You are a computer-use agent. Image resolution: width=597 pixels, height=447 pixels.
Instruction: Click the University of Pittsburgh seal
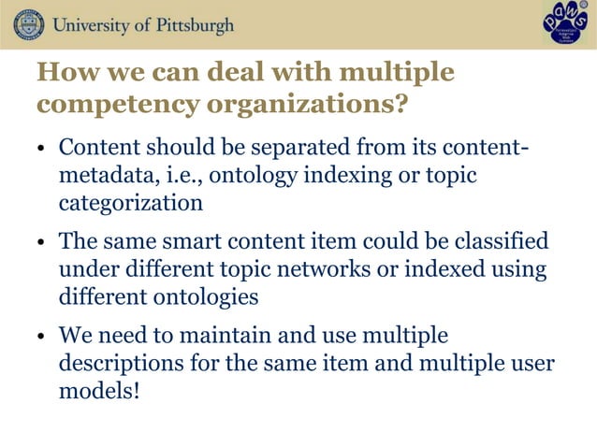click(28, 23)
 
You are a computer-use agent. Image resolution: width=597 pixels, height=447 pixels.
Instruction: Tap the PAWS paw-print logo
click(565, 24)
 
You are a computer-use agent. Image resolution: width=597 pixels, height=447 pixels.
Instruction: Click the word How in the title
click(62, 72)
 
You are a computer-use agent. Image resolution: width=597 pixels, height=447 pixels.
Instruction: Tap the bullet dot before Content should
click(42, 151)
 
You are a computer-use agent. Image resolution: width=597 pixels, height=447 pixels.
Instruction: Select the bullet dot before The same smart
click(42, 244)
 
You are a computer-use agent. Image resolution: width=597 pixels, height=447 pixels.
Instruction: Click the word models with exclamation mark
click(99, 389)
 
